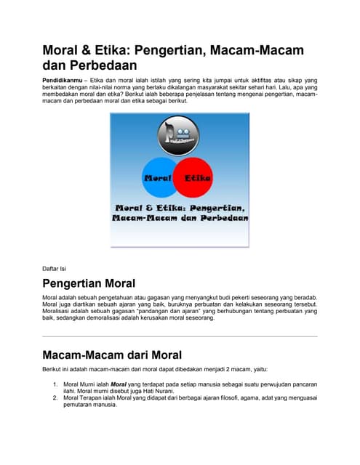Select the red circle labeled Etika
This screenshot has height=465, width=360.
pyautogui.click(x=196, y=177)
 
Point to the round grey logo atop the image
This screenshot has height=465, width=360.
pyautogui.click(x=178, y=135)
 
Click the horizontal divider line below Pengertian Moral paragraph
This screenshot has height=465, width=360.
pyautogui.click(x=180, y=336)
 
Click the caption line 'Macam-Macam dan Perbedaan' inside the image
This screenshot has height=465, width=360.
pyautogui.click(x=180, y=217)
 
